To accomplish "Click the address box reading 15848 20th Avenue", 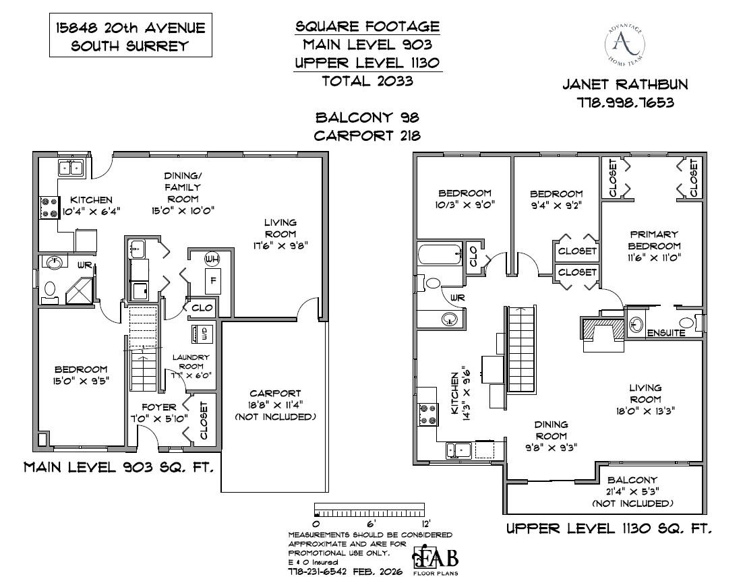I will point(128,37).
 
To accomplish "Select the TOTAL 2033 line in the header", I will point(367,82).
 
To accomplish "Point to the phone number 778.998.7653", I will point(626,103).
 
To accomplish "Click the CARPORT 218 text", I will point(367,135).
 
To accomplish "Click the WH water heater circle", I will point(212,259).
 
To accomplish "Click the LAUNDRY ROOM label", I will point(191,362).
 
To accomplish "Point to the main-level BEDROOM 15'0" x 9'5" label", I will point(81,375).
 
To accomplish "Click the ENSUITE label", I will point(666,333).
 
